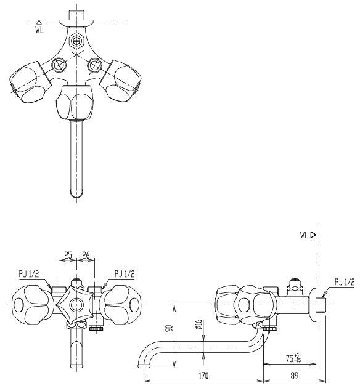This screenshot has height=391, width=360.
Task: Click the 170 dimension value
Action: (x=203, y=375)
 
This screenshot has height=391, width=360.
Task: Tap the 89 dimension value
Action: (x=295, y=375)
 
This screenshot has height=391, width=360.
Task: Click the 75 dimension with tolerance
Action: (x=293, y=358)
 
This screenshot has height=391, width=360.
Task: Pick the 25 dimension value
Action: (x=68, y=255)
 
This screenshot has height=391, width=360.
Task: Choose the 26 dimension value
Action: (x=86, y=255)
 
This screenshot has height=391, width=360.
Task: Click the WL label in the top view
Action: (x=39, y=30)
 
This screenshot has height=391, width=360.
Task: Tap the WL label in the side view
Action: (x=304, y=235)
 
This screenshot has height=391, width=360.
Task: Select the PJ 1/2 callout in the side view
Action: (x=345, y=282)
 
